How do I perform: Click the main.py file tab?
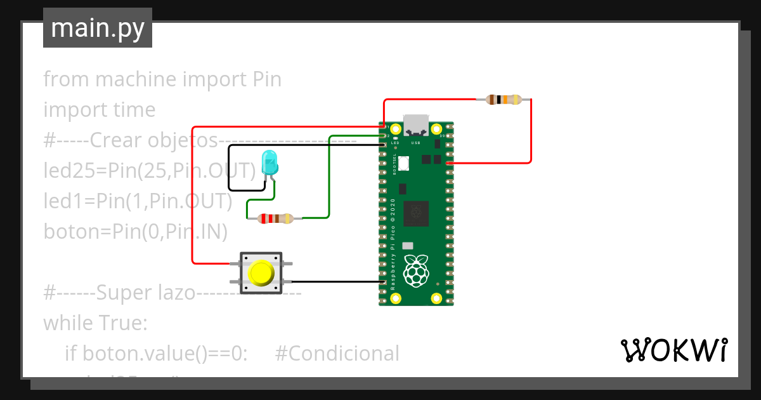pos(98,28)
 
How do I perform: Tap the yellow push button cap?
pos(260,272)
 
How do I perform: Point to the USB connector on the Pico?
pos(417,125)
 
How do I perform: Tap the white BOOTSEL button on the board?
pos(403,163)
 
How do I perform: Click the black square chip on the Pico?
pos(417,213)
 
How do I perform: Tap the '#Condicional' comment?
pos(337,354)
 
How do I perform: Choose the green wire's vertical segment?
pos(328,178)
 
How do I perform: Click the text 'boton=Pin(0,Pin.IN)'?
pos(135,232)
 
